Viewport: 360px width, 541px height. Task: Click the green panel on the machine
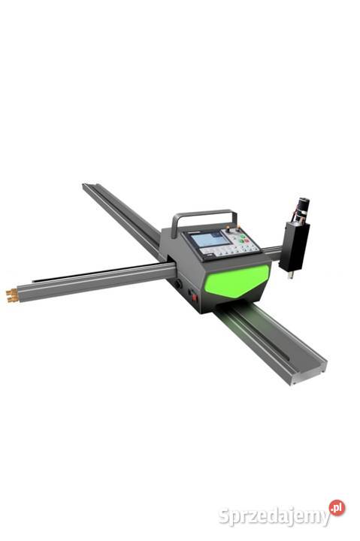tap(237, 280)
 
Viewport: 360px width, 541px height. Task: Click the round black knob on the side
tap(178, 284)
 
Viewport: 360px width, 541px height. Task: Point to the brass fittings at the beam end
tap(13, 296)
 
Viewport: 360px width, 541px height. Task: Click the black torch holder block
tap(294, 246)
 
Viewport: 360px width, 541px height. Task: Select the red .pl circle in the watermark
tap(337, 507)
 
